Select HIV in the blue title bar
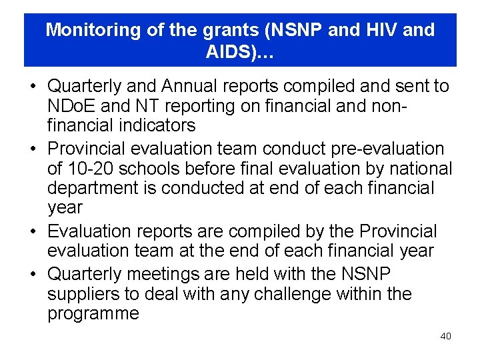pos(383,30)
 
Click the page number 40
pos(445,336)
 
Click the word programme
pos(93,313)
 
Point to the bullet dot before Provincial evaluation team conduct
pos(32,148)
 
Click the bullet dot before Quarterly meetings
pos(32,274)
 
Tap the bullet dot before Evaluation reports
pos(32,231)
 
